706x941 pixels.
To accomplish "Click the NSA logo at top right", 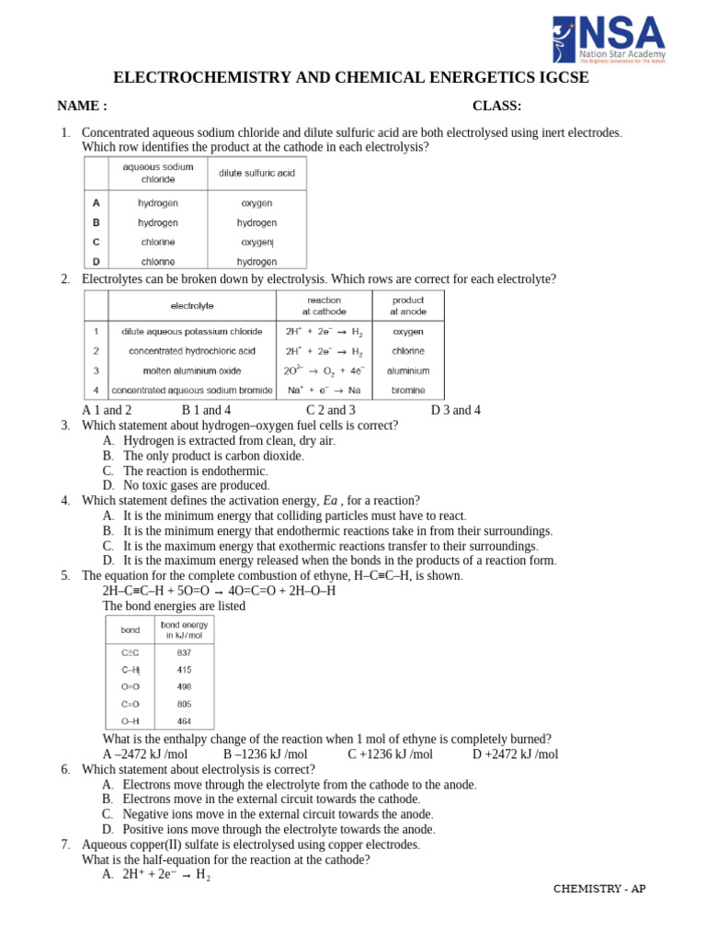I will click(x=608, y=39).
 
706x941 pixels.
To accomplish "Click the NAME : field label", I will click(x=82, y=106).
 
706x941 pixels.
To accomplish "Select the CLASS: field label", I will click(x=496, y=106).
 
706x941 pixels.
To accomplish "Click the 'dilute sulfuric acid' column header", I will click(x=256, y=173).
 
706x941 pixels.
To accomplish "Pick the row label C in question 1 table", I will click(x=96, y=242).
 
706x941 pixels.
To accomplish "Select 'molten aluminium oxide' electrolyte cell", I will click(x=191, y=370).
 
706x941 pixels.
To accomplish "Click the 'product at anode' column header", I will click(x=408, y=306).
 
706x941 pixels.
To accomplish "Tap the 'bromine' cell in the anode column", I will click(x=408, y=390).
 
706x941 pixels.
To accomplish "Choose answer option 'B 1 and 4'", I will click(x=206, y=410).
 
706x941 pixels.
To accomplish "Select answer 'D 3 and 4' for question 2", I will click(x=455, y=410).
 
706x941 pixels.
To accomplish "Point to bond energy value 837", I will click(x=184, y=652).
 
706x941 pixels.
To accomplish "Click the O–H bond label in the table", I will click(x=130, y=721).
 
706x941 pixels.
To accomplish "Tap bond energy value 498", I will click(x=184, y=686).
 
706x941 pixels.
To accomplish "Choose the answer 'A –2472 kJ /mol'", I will click(x=144, y=754).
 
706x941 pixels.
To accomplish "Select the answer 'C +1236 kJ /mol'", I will click(x=390, y=754).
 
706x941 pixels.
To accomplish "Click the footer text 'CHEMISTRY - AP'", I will click(x=599, y=889).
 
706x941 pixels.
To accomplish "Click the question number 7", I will click(x=65, y=845).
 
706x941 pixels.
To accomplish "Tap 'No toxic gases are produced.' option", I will click(x=196, y=485).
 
